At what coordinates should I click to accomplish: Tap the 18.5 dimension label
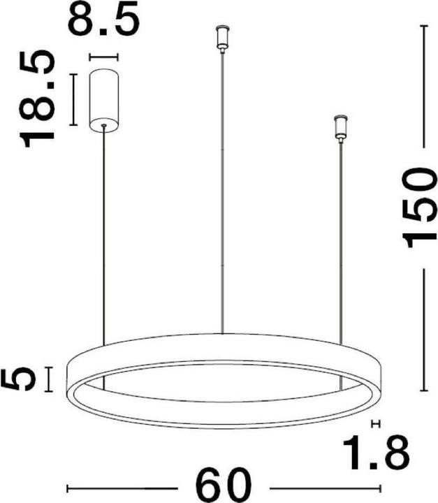click(x=36, y=99)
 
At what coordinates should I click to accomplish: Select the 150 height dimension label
click(x=419, y=207)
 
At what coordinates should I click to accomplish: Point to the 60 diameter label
click(x=224, y=488)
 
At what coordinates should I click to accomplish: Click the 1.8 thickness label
click(x=376, y=453)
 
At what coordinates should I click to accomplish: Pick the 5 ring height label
click(x=18, y=379)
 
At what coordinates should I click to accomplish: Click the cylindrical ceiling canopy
click(x=104, y=100)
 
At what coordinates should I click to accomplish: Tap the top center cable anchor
click(x=222, y=38)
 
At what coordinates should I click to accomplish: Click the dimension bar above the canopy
click(x=104, y=57)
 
